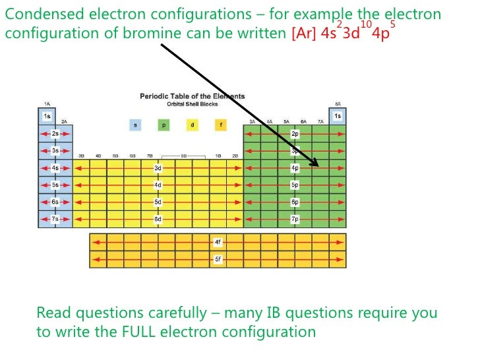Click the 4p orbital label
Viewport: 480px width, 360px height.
click(295, 168)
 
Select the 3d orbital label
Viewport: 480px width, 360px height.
click(158, 168)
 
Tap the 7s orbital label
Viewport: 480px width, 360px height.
click(55, 218)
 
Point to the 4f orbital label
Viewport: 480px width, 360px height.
click(218, 243)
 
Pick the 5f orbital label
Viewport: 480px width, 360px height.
click(218, 260)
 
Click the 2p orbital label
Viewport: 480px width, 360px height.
click(295, 134)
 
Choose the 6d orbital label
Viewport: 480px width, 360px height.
click(158, 218)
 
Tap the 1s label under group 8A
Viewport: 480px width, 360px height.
click(338, 117)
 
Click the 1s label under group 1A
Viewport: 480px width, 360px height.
click(47, 117)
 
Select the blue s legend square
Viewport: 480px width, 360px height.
click(135, 125)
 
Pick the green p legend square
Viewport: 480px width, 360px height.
click(164, 125)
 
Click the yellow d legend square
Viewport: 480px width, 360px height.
click(192, 125)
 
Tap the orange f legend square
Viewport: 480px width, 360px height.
click(220, 125)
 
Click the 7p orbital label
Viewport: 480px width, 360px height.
click(295, 218)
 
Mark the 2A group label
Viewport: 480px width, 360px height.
click(64, 122)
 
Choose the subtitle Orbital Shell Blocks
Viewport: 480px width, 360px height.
click(192, 104)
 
